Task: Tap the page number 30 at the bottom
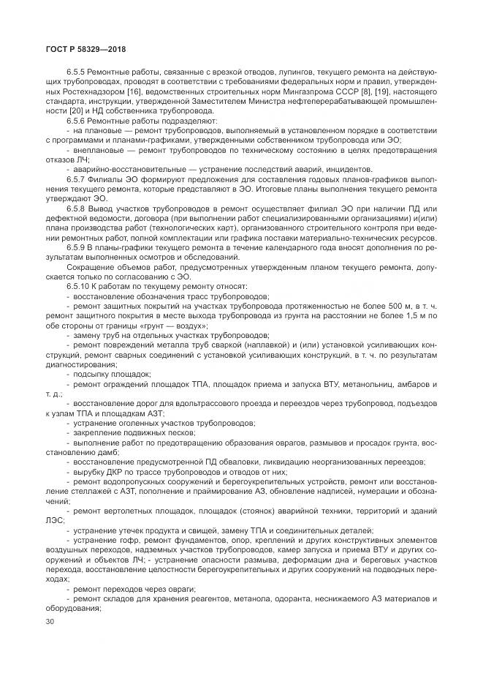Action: tap(50, 621)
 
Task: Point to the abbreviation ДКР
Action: tap(113, 473)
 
